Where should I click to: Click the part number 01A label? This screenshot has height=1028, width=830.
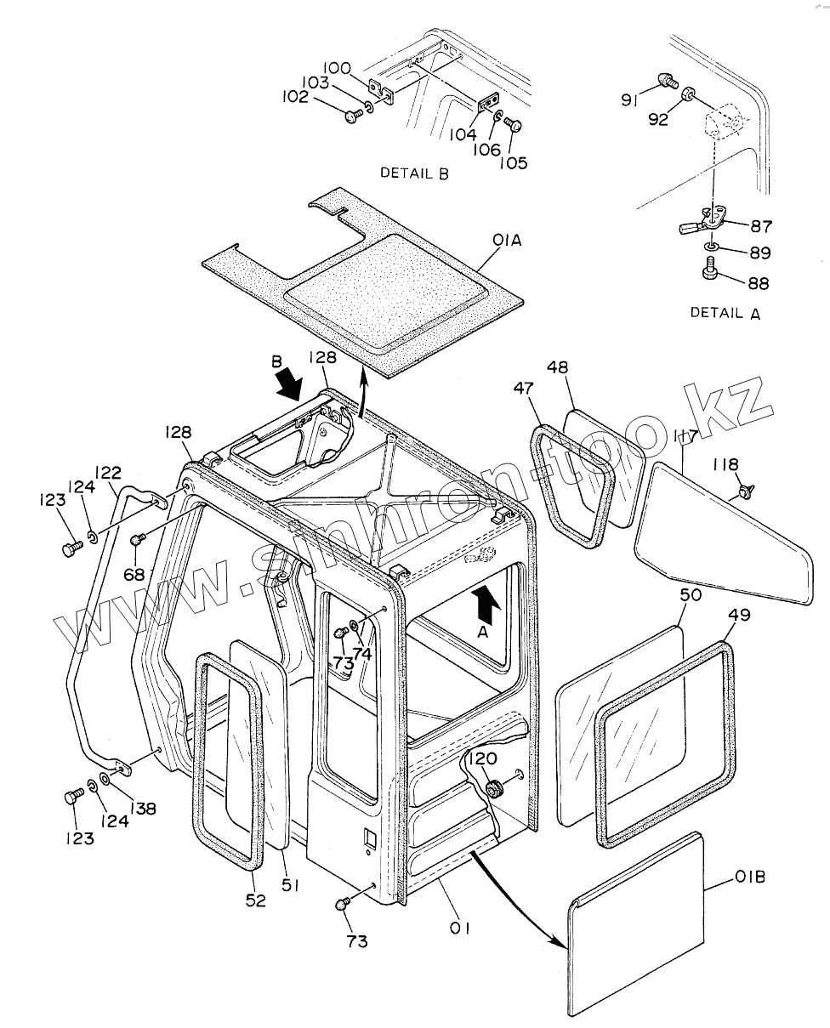507,242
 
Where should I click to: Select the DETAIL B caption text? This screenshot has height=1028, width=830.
414,173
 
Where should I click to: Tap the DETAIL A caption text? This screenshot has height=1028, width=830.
725,313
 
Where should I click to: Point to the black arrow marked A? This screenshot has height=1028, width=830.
484,606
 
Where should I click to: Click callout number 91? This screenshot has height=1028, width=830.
628,100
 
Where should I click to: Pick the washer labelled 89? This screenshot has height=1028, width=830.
711,248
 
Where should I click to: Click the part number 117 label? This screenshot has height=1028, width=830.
685,437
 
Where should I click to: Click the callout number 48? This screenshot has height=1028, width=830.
581,367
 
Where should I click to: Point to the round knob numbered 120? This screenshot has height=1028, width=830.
493,787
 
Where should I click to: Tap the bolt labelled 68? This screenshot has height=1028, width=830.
137,539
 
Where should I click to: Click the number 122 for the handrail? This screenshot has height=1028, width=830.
108,473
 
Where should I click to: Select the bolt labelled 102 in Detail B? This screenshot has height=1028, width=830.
354,117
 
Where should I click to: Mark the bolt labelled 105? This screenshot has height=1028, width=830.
514,125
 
